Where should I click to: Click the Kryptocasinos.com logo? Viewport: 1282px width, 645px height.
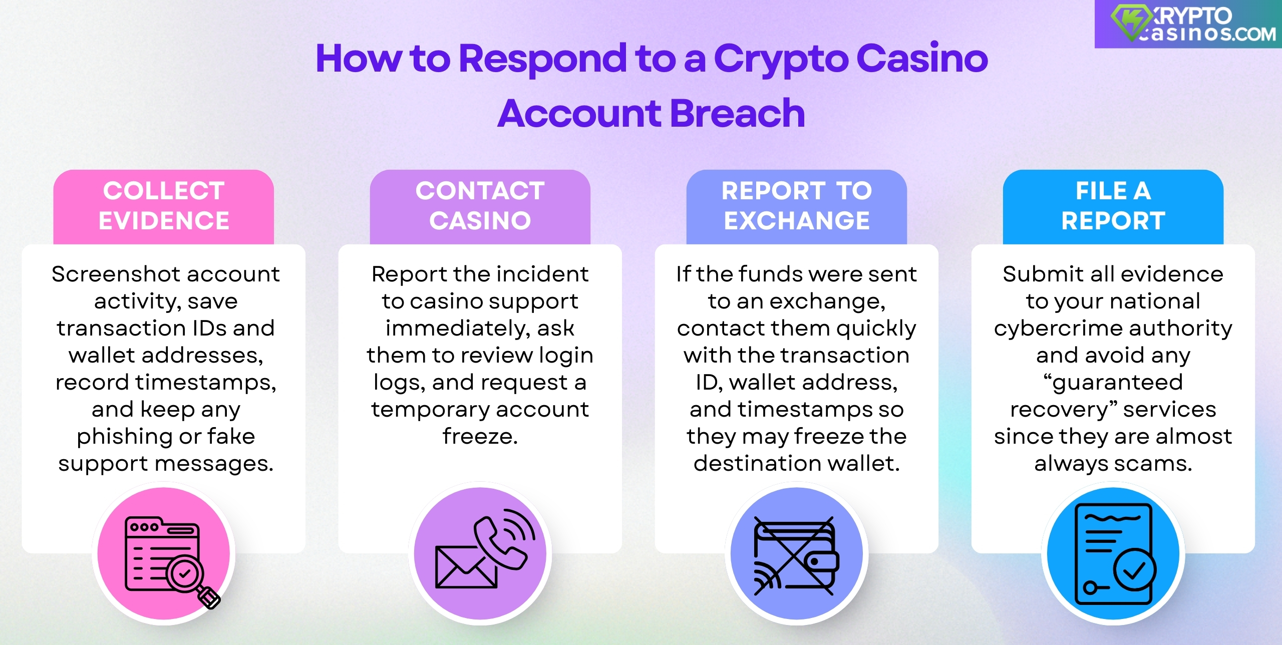pyautogui.click(x=1192, y=24)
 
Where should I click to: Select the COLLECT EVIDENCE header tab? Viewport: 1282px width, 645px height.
pyautogui.click(x=164, y=206)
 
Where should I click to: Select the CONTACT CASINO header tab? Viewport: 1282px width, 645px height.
pyautogui.click(x=480, y=206)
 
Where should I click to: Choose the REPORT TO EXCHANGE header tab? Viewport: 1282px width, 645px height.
pyautogui.click(x=796, y=206)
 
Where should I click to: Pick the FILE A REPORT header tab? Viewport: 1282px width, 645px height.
pyautogui.click(x=1113, y=206)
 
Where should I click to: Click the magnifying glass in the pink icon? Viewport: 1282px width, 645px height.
pyautogui.click(x=188, y=576)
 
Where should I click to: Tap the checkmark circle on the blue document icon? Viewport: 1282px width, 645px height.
pyautogui.click(x=1135, y=570)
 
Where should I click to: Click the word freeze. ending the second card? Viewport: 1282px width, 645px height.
pyautogui.click(x=480, y=437)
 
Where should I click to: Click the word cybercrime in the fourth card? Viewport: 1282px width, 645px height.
pyautogui.click(x=1052, y=329)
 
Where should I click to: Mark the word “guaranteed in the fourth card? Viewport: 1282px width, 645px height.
pyautogui.click(x=1113, y=383)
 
